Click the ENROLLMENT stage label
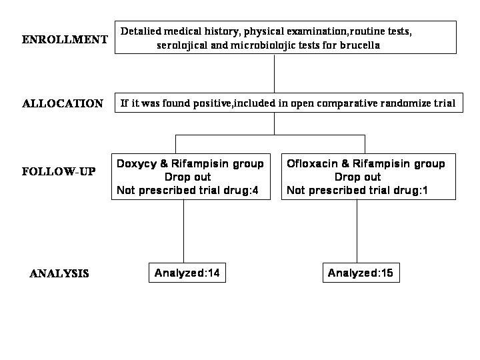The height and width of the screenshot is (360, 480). (65, 39)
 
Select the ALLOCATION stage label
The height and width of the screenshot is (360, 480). (63, 103)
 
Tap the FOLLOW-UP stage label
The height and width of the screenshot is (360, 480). (59, 171)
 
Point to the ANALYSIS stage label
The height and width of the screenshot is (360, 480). (59, 273)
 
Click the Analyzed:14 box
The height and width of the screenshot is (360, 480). (187, 273)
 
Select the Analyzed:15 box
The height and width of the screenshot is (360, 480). (361, 273)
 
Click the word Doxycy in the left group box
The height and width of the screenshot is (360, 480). (137, 164)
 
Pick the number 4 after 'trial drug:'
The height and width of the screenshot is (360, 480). (255, 191)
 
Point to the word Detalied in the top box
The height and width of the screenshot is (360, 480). (141, 31)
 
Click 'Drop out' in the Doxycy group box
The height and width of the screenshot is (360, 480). (187, 177)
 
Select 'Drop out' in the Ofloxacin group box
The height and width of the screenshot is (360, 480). (357, 177)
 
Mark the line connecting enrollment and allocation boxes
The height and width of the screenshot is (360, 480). (274, 73)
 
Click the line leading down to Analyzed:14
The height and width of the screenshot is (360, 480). (184, 231)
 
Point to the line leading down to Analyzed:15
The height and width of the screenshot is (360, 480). (357, 231)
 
